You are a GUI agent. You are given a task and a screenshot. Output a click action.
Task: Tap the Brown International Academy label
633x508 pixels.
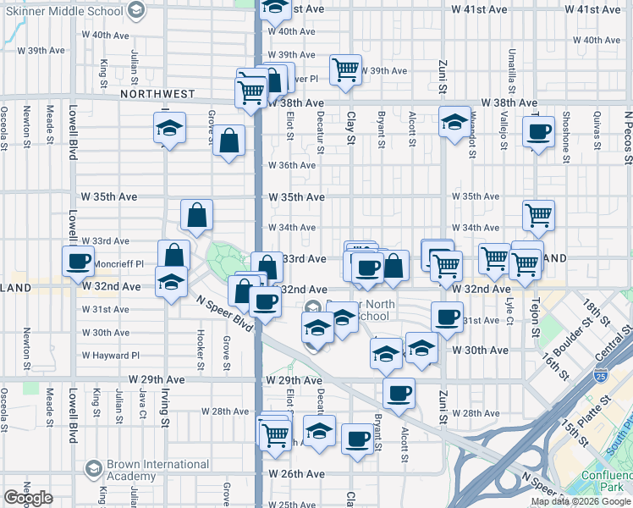pyautogui.click(x=159, y=471)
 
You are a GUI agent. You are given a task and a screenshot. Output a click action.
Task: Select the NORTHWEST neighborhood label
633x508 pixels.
pyautogui.click(x=157, y=94)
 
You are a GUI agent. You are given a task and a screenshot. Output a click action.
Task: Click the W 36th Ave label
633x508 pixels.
pyautogui.click(x=292, y=166)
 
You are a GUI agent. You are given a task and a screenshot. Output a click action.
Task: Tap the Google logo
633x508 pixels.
pyautogui.click(x=28, y=498)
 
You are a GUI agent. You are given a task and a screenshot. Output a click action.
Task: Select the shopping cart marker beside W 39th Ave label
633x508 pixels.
pyautogui.click(x=345, y=69)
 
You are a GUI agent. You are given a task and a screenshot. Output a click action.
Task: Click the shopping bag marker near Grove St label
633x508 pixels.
pyautogui.click(x=229, y=141)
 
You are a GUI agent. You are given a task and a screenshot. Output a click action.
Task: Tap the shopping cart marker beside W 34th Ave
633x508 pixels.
pyautogui.click(x=538, y=216)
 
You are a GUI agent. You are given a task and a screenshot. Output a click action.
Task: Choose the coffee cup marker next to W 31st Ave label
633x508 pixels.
pyautogui.click(x=446, y=317)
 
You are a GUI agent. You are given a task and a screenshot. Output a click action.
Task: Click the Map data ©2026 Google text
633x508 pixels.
pyautogui.click(x=581, y=501)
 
